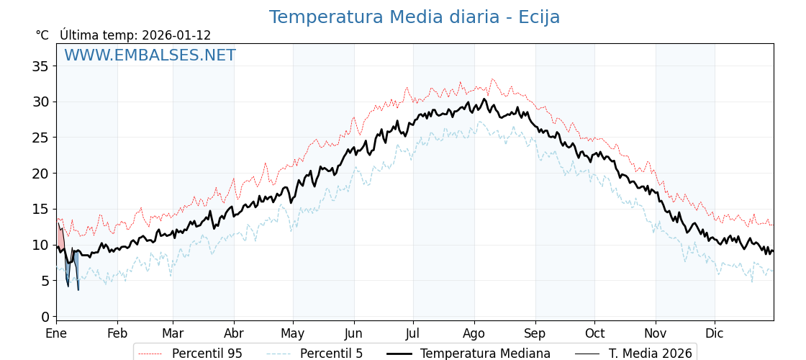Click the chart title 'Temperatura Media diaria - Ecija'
tap(415, 17)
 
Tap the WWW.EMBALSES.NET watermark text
tap(150, 55)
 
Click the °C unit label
tap(42, 35)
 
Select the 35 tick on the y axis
tap(41, 66)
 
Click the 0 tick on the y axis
tap(45, 317)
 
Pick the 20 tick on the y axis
tap(41, 174)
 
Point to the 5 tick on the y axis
tap(45, 281)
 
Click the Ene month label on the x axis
tap(56, 333)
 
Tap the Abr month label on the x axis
tap(234, 333)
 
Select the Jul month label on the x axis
tap(413, 333)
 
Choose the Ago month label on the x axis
tap(474, 333)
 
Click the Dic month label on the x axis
tap(715, 333)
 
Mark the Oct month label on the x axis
tap(594, 333)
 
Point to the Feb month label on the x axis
tap(117, 333)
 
